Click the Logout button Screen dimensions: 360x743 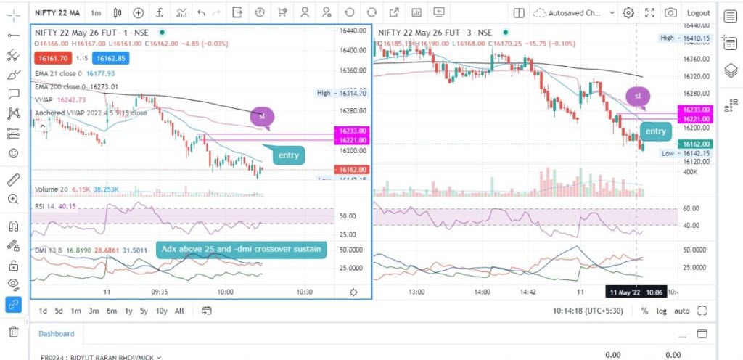[698, 13]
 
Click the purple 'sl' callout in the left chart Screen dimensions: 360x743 [262, 116]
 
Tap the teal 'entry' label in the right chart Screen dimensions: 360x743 [655, 131]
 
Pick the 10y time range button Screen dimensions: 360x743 [161, 311]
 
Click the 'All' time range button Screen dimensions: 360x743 [179, 311]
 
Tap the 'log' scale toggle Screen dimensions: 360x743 [662, 311]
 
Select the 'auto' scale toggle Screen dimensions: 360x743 [682, 311]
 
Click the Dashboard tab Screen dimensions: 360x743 [57, 334]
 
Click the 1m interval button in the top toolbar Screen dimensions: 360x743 [97, 13]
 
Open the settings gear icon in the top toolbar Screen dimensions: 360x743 [628, 13]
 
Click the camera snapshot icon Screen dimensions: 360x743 [671, 13]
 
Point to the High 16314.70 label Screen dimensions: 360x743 [342, 93]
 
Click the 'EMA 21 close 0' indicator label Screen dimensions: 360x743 [59, 73]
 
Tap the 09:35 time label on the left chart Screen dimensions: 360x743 [159, 292]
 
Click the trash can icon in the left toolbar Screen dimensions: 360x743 [13, 332]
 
